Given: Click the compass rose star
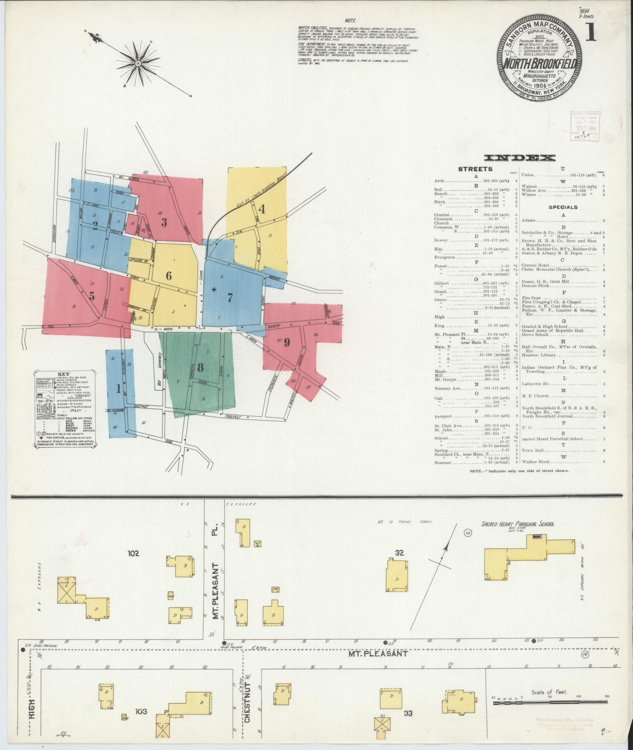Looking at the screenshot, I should pos(138,64).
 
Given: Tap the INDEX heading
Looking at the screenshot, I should pos(520,158).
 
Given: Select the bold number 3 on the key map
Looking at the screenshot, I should pos(164,222).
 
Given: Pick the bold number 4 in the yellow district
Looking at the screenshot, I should pos(262,209).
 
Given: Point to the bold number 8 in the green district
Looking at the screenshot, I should pos(200,367).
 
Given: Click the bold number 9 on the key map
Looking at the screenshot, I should pos(287,342).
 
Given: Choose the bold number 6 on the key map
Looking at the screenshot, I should pos(169,276).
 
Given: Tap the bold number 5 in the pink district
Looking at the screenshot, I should pos(92,296).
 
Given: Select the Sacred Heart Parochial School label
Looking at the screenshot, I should pos(517,524).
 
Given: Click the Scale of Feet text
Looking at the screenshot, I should pos(549,692).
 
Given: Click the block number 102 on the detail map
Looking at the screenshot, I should pos(134,553).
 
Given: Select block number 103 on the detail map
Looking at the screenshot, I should pos(141,712).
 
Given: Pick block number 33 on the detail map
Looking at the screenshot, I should pos(408,713).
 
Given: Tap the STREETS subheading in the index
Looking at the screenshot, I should pos(475,169).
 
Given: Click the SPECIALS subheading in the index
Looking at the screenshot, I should pos(563,207).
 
